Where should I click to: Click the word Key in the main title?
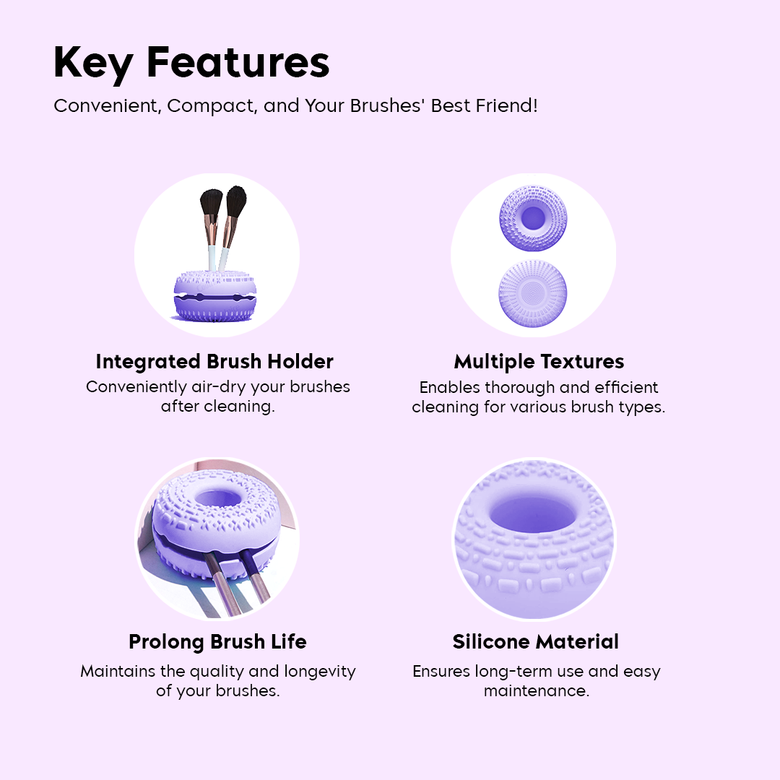point(93,63)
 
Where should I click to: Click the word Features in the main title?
point(238,63)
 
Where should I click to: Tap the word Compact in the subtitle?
point(211,106)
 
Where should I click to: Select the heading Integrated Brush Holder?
point(214,361)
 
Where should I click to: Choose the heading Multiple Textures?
point(539,361)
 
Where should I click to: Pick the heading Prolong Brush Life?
point(217,641)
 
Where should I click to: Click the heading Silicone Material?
point(536,641)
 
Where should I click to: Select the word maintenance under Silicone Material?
point(537,691)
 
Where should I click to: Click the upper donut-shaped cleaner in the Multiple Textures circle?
point(534,217)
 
